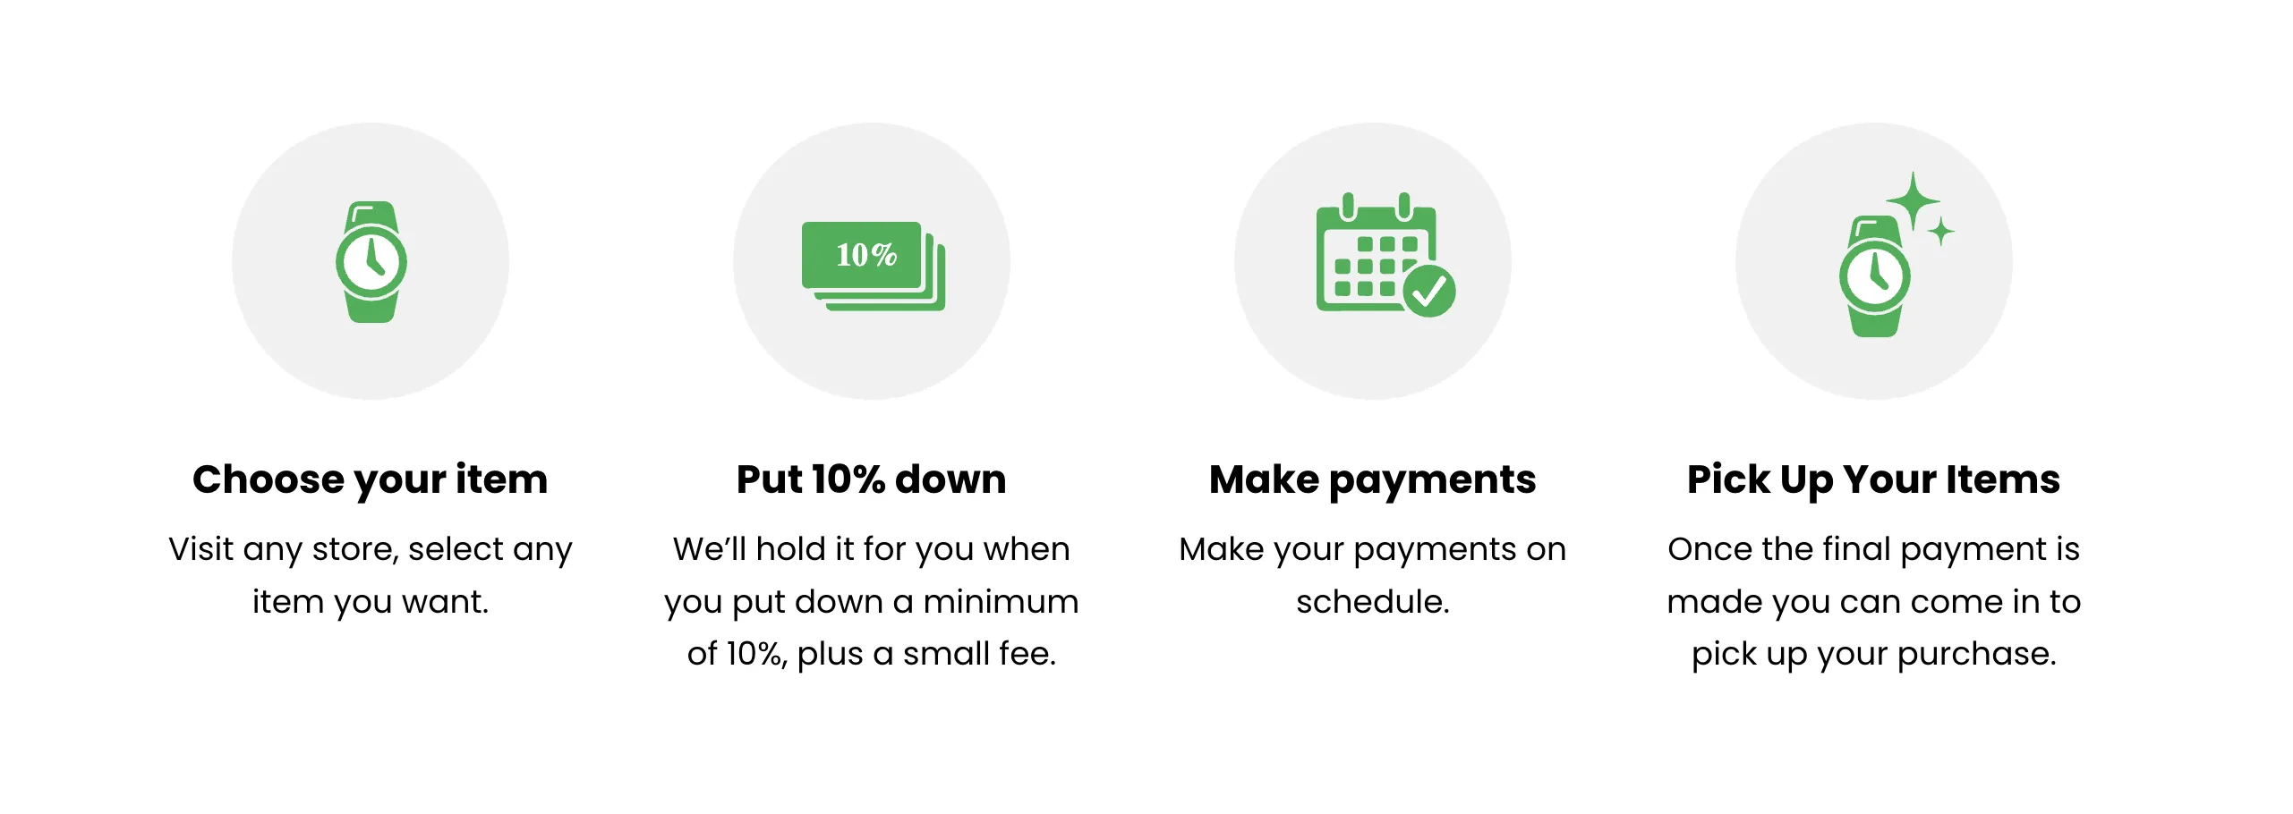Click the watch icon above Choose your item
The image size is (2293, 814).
371,261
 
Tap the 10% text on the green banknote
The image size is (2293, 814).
865,255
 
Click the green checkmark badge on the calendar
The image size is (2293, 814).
1428,290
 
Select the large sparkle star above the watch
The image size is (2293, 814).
1913,201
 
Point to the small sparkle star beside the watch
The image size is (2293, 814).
1940,232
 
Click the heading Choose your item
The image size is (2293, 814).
371,479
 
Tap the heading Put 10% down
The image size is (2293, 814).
871,479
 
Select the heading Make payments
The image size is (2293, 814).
1372,479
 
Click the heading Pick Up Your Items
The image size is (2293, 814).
1873,479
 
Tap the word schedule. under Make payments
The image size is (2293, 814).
1372,601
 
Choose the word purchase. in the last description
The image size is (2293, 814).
1976,654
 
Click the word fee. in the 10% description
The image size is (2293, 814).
1027,654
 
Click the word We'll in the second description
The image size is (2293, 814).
710,549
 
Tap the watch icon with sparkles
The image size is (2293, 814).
1874,276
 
